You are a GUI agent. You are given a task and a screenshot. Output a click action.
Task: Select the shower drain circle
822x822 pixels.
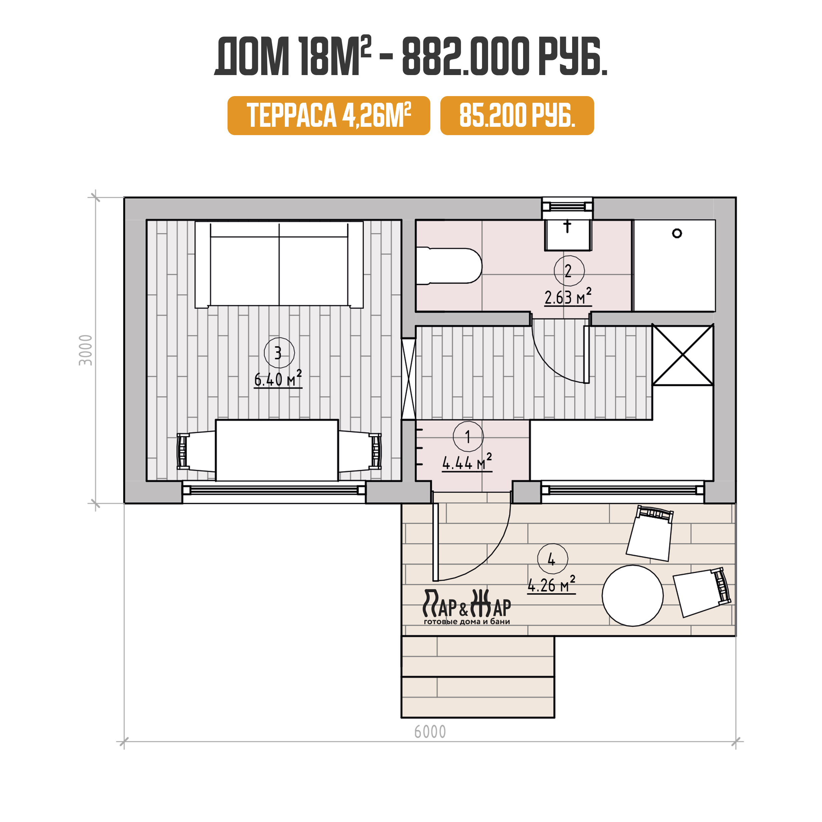pyautogui.click(x=677, y=233)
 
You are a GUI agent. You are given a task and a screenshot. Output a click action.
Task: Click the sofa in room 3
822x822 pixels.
pyautogui.click(x=279, y=264)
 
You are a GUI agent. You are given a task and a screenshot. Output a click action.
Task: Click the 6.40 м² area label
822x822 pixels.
pyautogui.click(x=278, y=378)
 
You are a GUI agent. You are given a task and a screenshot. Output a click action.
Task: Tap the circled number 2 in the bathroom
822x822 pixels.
pyautogui.click(x=569, y=271)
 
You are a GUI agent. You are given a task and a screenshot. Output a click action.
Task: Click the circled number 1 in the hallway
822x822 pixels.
pyautogui.click(x=468, y=436)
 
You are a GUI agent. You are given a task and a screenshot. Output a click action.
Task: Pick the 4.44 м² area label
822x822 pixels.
pyautogui.click(x=467, y=462)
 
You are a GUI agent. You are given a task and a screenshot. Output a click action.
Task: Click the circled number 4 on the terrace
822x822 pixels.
pyautogui.click(x=552, y=559)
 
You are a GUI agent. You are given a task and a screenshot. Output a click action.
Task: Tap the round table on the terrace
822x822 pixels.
pyautogui.click(x=632, y=596)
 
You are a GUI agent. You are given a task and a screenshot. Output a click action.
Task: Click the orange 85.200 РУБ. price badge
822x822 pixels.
pyautogui.click(x=517, y=115)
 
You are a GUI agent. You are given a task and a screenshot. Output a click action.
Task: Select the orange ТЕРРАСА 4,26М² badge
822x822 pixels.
pyautogui.click(x=329, y=115)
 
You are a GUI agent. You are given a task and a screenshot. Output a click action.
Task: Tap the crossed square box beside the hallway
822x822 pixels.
pyautogui.click(x=683, y=355)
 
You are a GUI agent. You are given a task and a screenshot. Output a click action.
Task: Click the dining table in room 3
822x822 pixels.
pyautogui.click(x=277, y=450)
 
